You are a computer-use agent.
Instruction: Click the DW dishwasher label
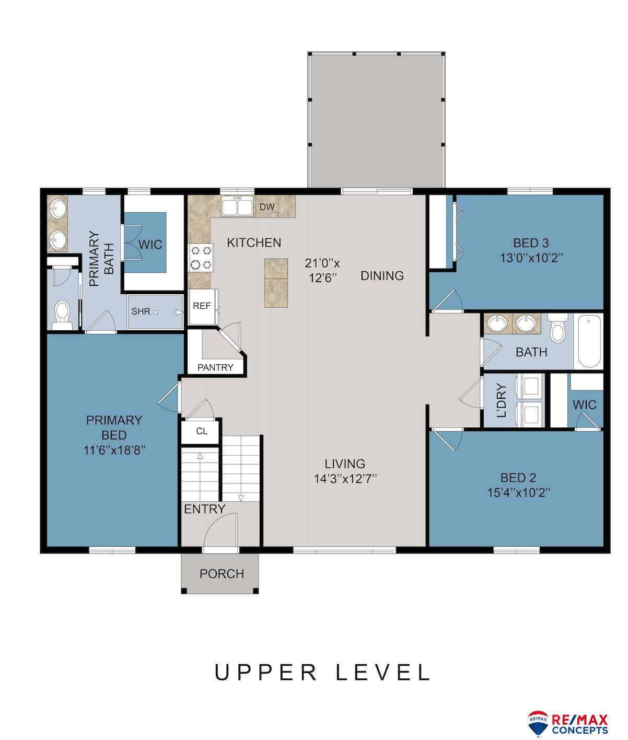coord(267,207)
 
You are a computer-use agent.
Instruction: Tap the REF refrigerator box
coord(202,306)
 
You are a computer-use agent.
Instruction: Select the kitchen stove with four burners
coord(201,258)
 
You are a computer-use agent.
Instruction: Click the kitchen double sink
coord(237,206)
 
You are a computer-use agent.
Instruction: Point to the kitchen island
coord(276,283)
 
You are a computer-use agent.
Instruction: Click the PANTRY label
coord(215,367)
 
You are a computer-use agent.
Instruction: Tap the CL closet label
coord(202,431)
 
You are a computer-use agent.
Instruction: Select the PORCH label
coord(222,574)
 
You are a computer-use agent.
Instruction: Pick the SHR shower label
coord(141,311)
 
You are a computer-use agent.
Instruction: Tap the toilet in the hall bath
coord(557,328)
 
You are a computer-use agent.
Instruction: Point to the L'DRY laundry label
coord(502,400)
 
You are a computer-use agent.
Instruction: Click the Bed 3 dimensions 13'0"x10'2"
coord(531,258)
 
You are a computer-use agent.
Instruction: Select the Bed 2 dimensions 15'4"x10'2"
coord(518,493)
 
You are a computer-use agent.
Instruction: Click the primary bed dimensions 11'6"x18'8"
coord(114,450)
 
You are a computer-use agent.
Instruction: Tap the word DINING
coord(382,275)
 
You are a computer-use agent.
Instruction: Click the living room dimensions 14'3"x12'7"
coord(345,479)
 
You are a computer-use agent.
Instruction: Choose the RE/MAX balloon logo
coord(538,722)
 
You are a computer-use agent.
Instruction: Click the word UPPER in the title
coord(265,673)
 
